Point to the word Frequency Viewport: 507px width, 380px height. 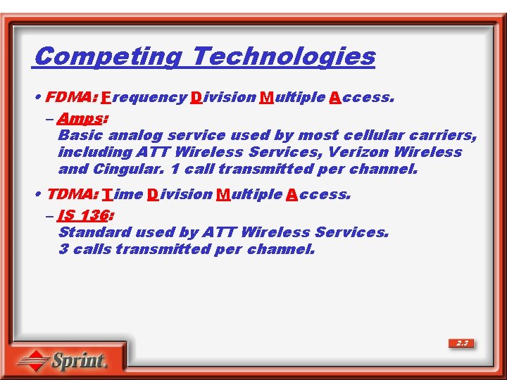[144, 97]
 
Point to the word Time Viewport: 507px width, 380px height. [123, 194]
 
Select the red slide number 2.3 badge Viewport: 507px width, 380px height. [462, 343]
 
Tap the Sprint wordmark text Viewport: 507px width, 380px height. [79, 362]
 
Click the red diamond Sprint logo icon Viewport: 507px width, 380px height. [32, 361]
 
